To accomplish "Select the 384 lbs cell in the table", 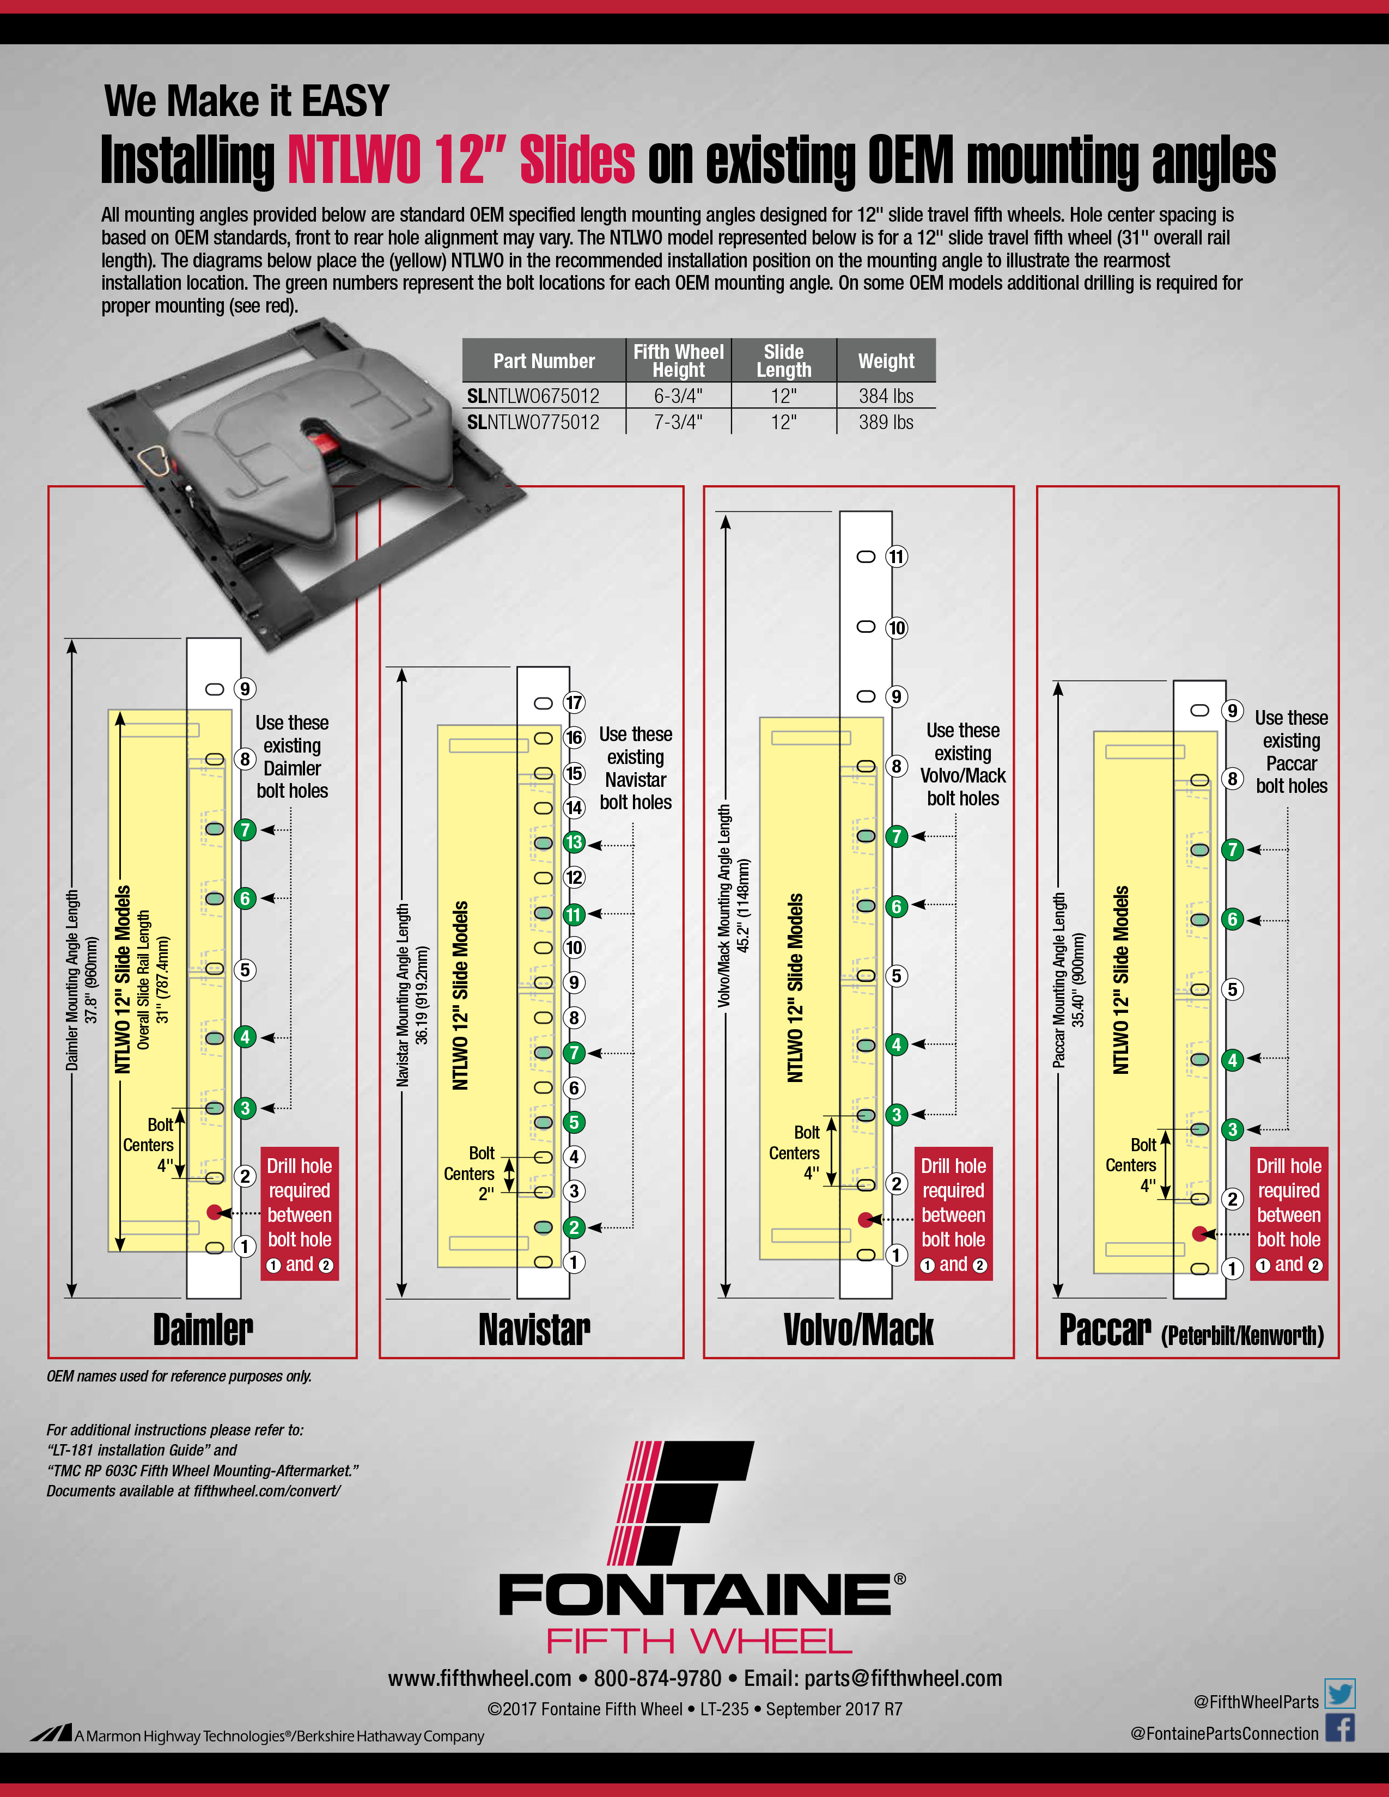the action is pos(886,396).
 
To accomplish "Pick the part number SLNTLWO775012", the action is pos(533,422).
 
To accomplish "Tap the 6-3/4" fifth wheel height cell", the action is pos(678,396).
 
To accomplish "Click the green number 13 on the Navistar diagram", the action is pos(574,842).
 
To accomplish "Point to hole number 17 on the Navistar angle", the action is pos(574,702).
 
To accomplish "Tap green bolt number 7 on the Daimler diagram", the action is pos(245,829).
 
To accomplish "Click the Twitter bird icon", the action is pos(1339,1694).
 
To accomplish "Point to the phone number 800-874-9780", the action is pos(657,1678).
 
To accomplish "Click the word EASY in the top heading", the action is pos(345,101).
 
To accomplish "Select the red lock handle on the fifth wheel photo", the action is pos(324,445).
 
